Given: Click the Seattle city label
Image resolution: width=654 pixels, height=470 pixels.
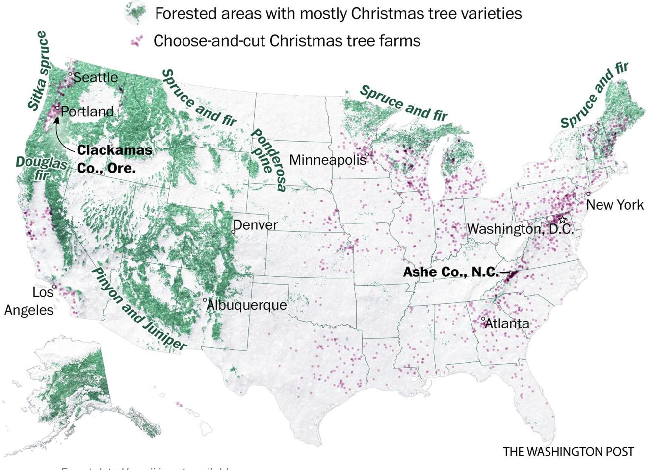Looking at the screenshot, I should [x=96, y=77].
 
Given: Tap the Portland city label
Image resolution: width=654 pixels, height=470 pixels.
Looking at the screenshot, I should [x=87, y=112].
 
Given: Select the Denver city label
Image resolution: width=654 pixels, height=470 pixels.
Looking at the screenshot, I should [x=255, y=225].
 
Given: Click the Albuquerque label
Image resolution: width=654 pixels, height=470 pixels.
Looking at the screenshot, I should [x=246, y=305].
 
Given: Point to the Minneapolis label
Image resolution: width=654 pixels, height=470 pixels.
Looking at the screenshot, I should [x=328, y=160].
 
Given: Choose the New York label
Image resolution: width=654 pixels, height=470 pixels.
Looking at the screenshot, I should [x=615, y=204].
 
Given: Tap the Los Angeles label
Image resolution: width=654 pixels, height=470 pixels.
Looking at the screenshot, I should [x=29, y=301].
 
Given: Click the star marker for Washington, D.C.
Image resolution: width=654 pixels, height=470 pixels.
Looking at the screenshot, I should [x=562, y=220].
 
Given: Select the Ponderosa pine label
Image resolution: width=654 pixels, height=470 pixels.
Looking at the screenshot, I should [x=269, y=160].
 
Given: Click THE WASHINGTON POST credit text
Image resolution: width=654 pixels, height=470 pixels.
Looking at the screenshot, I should [x=568, y=451].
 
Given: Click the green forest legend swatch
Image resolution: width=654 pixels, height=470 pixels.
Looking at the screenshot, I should [x=136, y=13].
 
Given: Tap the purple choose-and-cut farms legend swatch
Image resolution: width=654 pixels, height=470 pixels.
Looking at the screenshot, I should [x=137, y=41].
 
